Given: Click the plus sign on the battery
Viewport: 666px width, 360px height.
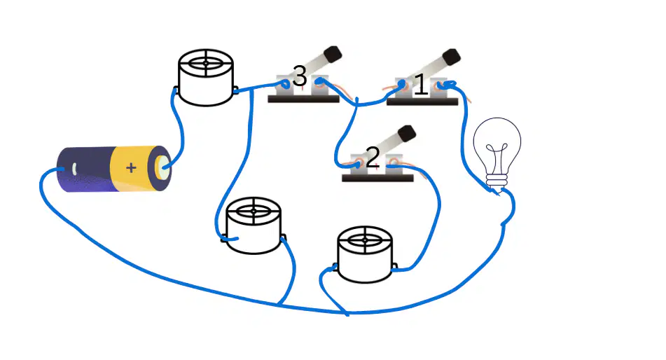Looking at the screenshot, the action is (x=131, y=168).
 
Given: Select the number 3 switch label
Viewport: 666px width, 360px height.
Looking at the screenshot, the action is (x=300, y=76).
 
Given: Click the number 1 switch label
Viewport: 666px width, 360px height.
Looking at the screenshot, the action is (x=420, y=84).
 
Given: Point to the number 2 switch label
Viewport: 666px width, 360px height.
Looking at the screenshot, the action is (x=373, y=158).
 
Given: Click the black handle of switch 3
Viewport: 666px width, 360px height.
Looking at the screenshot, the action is (x=333, y=54).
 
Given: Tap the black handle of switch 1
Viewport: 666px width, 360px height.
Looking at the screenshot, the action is (x=451, y=57).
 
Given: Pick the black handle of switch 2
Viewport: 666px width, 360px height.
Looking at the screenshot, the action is (x=406, y=133).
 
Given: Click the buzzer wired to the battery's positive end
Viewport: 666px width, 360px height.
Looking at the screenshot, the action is (x=206, y=77).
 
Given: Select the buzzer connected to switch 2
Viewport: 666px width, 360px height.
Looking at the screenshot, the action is (x=365, y=255).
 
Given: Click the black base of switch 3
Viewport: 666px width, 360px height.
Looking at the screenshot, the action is (x=303, y=99).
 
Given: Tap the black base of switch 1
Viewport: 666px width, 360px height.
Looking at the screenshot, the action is (x=422, y=102).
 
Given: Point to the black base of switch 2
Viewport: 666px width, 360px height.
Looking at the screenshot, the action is (x=377, y=178).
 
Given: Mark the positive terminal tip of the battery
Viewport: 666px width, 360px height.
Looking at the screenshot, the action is (x=164, y=168).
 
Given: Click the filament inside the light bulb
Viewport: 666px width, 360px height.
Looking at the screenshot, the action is (x=497, y=158).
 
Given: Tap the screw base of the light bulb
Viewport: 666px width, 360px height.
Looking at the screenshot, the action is (x=497, y=182).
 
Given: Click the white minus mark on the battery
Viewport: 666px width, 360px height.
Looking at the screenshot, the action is (x=74, y=169).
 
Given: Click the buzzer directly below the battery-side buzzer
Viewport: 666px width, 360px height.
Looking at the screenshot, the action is (x=254, y=226).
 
